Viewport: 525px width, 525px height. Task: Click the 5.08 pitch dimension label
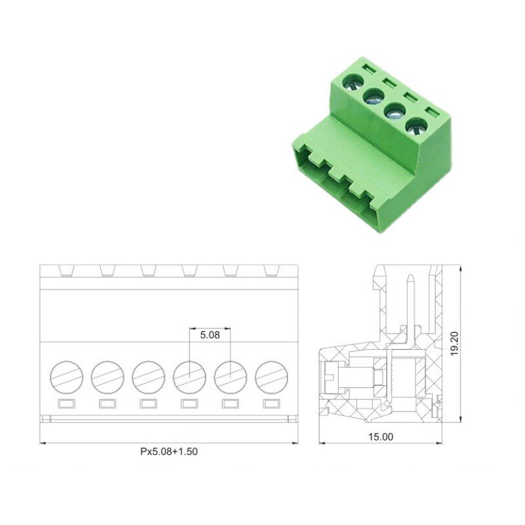[x=210, y=335]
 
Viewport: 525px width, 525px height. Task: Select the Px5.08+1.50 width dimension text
[x=169, y=451]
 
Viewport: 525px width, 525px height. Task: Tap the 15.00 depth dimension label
[x=381, y=436]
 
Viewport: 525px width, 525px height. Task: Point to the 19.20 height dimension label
[x=454, y=343]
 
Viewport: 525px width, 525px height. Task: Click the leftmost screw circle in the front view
[x=67, y=377]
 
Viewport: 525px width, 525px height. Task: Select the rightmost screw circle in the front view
[x=272, y=377]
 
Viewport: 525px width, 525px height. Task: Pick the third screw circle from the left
[x=148, y=377]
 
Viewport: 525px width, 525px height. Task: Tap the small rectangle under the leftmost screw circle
[x=67, y=404]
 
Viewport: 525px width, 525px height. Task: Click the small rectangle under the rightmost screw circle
[x=272, y=404]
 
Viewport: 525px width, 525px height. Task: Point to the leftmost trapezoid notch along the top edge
[x=67, y=271]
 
